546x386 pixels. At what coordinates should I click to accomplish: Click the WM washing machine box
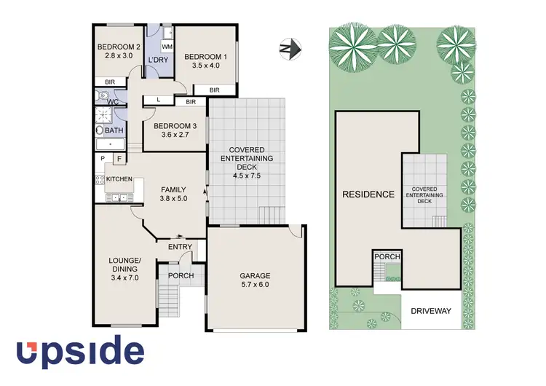coord(167,47)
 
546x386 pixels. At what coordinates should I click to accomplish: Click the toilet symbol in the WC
coord(103,96)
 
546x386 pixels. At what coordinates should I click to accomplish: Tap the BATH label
coord(114,130)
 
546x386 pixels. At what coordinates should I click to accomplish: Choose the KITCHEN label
coord(119,178)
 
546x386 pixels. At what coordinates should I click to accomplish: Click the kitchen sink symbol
coord(120,197)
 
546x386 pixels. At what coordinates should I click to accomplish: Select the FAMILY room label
coord(174,190)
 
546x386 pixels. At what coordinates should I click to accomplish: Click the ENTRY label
coord(180,248)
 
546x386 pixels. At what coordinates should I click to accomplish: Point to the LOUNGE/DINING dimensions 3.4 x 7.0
coord(122,277)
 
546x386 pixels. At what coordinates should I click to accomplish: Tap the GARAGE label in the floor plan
coord(255,276)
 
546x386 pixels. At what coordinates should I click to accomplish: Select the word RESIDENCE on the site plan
coord(369,194)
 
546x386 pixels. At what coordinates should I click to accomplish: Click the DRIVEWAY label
coord(430,310)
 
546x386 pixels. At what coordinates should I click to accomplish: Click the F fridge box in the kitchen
coord(117,158)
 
